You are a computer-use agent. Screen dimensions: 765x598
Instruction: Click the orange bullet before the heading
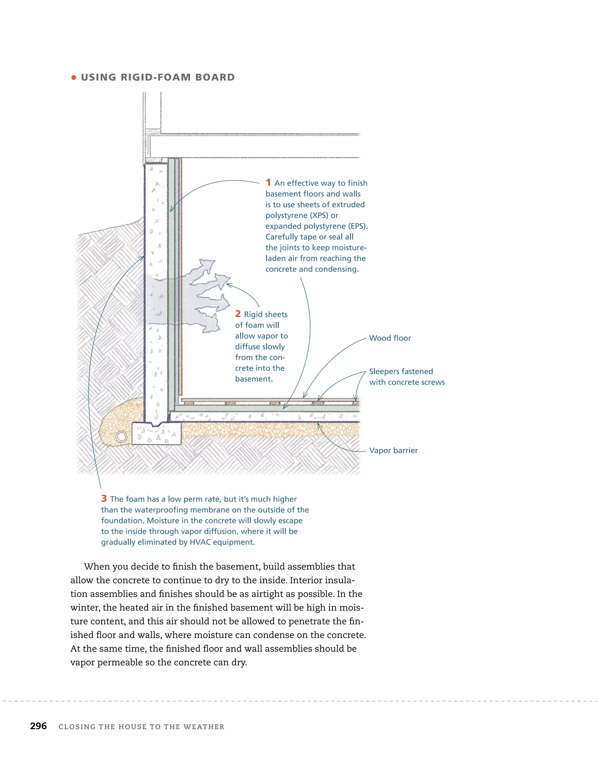click(x=74, y=77)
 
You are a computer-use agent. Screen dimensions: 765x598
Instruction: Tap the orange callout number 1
click(x=268, y=182)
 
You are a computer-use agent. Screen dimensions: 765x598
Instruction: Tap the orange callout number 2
click(x=238, y=314)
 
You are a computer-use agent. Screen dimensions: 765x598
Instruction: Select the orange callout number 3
click(x=104, y=498)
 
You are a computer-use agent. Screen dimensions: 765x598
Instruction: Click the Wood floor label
click(x=390, y=338)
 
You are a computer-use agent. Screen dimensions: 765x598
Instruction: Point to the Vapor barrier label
click(x=393, y=451)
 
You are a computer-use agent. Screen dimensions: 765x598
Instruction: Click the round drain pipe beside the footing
click(x=121, y=437)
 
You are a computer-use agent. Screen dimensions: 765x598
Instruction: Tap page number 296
click(x=38, y=726)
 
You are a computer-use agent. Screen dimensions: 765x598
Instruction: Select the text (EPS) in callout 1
click(x=357, y=226)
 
